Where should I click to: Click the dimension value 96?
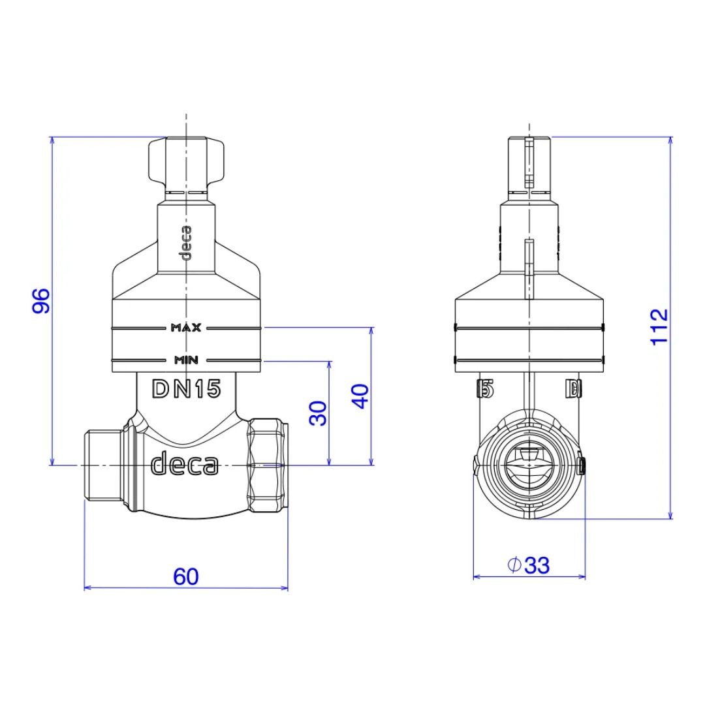(41, 301)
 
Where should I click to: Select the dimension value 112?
(659, 327)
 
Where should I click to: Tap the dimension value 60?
(185, 577)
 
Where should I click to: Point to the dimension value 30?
(318, 413)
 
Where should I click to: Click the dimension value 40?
(360, 396)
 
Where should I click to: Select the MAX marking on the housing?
(186, 328)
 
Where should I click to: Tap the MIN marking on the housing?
(186, 360)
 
